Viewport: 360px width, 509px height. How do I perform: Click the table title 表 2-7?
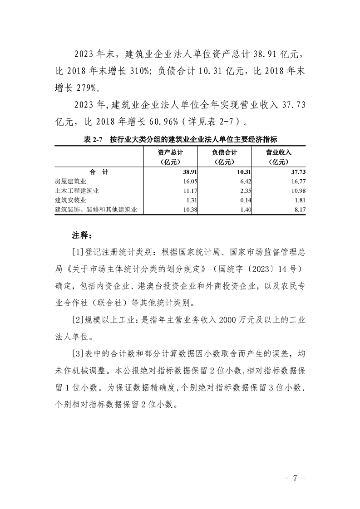[94, 140]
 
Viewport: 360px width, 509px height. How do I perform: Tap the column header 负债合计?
[224, 153]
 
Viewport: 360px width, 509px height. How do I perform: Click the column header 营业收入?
[278, 153]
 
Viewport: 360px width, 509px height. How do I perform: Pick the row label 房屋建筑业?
[71, 181]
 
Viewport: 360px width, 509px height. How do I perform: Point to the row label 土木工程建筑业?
[77, 191]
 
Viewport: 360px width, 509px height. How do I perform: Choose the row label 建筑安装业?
[71, 200]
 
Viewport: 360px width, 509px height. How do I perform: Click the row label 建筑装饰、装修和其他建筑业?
[95, 209]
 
